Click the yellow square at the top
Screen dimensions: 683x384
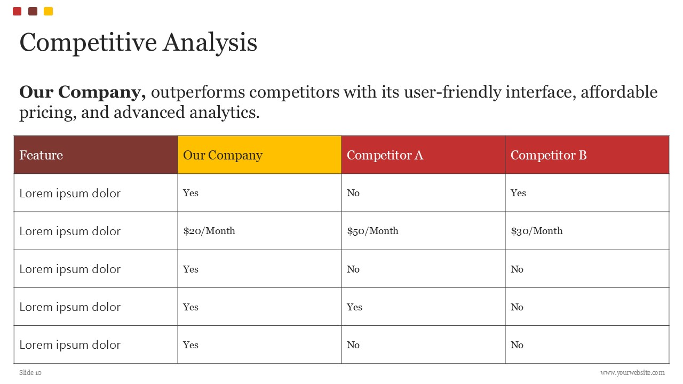(x=48, y=11)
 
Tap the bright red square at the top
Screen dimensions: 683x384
(x=17, y=11)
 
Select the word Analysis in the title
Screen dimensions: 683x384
(x=210, y=43)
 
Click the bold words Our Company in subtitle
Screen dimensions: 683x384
(x=82, y=92)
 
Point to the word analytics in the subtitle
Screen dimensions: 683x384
(x=225, y=113)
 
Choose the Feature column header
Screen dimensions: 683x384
(x=96, y=155)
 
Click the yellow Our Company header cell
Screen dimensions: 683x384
(x=259, y=155)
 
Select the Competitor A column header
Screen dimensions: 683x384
(x=423, y=155)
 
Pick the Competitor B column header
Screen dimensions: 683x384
(x=587, y=155)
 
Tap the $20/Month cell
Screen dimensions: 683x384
(x=259, y=231)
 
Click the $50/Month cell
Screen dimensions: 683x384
(x=423, y=231)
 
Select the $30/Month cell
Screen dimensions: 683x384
(x=587, y=231)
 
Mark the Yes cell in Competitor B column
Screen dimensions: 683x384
(x=587, y=193)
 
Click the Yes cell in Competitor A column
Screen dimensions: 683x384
(x=423, y=307)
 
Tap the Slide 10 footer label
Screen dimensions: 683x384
(x=30, y=373)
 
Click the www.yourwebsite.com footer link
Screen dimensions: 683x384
(x=632, y=373)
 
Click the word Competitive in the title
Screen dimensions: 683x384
(x=89, y=43)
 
